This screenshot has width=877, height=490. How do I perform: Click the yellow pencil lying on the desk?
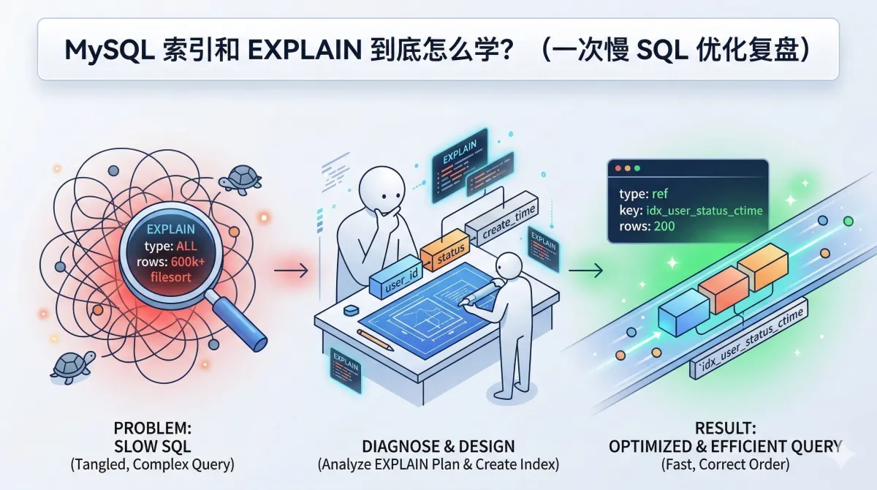376,339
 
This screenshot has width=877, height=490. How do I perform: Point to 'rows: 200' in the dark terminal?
646,226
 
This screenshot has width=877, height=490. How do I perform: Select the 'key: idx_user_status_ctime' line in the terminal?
691,211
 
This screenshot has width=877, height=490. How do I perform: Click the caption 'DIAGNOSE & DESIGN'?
438,446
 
